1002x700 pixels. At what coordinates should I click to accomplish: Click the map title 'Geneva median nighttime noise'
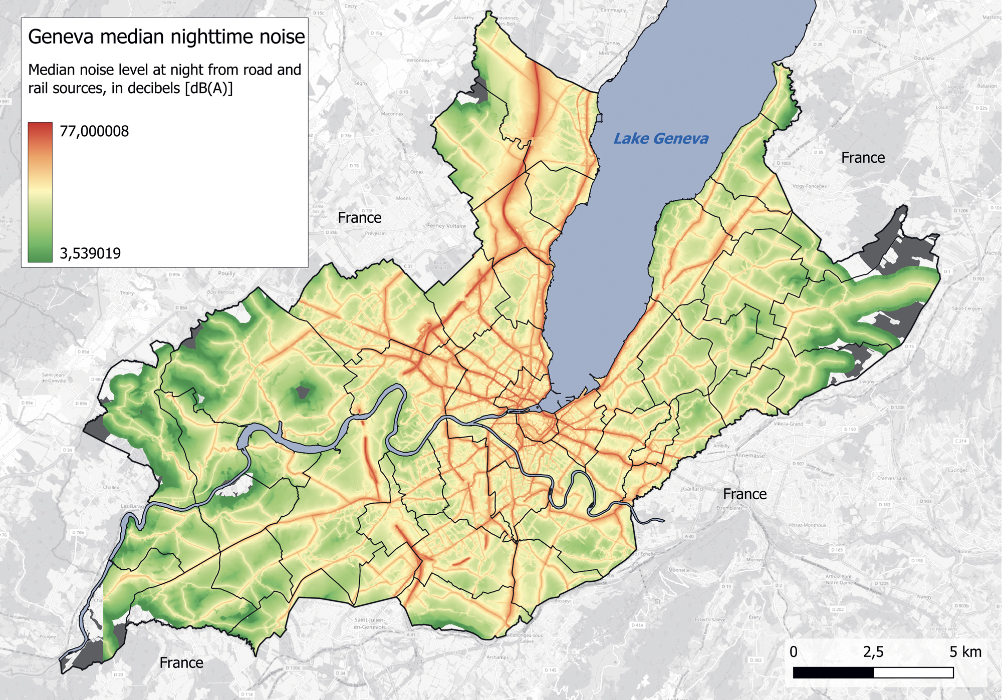point(166,37)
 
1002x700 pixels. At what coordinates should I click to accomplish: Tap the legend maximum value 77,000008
point(94,131)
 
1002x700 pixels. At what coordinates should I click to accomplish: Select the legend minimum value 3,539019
point(90,253)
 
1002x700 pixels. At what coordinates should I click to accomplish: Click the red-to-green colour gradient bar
point(40,192)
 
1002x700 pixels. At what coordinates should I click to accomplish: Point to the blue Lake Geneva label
point(661,139)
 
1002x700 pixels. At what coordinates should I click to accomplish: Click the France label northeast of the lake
point(863,158)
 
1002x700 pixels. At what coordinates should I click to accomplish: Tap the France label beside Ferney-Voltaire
point(359,218)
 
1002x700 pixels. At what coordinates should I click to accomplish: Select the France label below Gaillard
point(744,494)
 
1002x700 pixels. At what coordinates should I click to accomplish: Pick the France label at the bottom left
point(181,663)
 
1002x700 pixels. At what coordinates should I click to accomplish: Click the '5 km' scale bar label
point(965,651)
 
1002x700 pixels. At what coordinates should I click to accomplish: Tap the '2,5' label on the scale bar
point(873,651)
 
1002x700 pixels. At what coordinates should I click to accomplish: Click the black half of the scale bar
point(833,672)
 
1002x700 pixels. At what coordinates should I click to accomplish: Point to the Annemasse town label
point(750,456)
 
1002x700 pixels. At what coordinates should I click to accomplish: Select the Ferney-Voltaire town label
point(446,226)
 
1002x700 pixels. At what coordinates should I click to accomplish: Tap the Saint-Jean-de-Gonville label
point(53,378)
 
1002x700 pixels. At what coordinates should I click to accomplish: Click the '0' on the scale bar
point(794,651)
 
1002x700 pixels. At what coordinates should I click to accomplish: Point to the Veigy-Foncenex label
point(810,186)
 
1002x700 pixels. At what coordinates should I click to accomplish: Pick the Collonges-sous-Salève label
point(527,638)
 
